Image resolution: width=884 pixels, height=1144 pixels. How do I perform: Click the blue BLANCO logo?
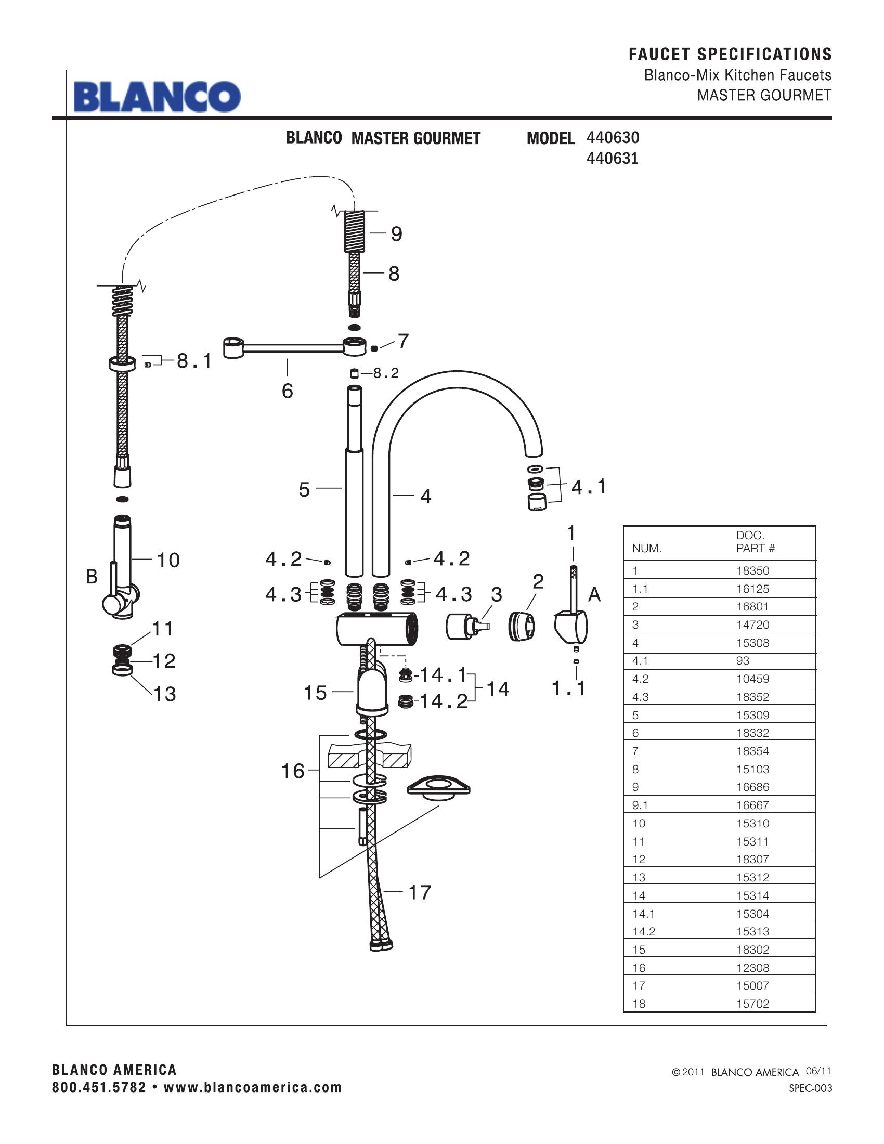click(x=157, y=96)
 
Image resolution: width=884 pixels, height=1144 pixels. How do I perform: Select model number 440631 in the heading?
click(x=612, y=158)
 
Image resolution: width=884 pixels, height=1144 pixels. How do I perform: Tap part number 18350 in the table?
click(x=752, y=570)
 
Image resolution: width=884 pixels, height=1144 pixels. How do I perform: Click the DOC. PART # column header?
click(x=755, y=542)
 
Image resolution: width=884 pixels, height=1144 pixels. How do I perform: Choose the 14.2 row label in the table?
click(x=643, y=931)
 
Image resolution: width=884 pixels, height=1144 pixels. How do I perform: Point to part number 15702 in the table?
click(x=752, y=1004)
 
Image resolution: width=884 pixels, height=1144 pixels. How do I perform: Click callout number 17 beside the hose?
click(x=419, y=892)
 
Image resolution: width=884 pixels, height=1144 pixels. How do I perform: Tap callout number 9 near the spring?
click(x=396, y=233)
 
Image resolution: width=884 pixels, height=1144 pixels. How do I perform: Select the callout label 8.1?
click(x=194, y=361)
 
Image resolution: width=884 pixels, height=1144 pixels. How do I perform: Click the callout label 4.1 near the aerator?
click(x=589, y=487)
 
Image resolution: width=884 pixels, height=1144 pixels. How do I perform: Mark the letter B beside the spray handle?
click(x=92, y=577)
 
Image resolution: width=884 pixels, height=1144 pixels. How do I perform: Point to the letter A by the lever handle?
click(x=594, y=594)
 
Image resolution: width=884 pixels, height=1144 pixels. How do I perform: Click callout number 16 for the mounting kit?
click(x=293, y=771)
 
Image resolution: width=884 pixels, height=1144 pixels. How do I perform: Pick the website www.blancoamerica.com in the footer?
click(x=252, y=1087)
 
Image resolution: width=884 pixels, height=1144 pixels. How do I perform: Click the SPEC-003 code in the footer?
click(x=810, y=1088)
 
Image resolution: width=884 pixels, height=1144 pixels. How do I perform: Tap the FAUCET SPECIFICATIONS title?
click(x=730, y=54)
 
